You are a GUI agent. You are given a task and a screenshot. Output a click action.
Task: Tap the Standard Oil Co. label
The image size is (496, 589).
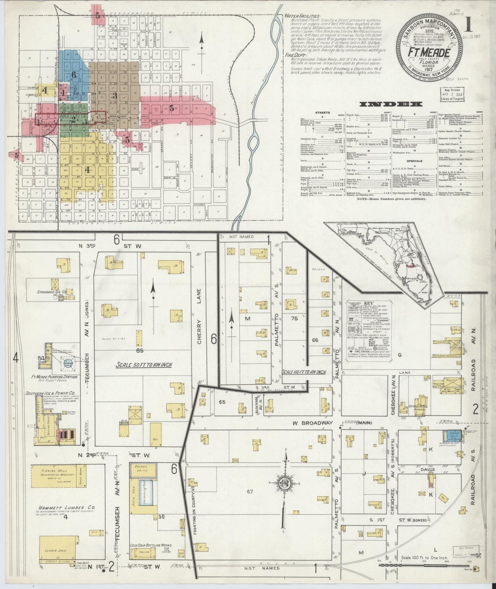[51, 292]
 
